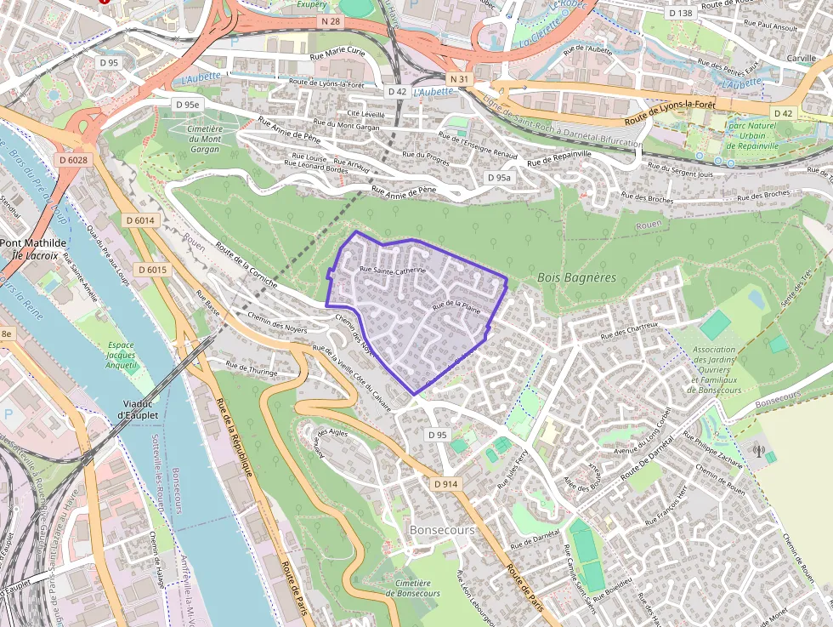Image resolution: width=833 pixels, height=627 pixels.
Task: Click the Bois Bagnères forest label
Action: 576,277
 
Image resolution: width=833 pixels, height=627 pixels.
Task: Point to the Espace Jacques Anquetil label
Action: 121,355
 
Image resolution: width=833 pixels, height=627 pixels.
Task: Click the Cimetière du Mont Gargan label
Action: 204,139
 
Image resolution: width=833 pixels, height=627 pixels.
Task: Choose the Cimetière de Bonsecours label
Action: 417,587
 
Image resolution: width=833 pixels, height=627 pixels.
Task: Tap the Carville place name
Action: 801,58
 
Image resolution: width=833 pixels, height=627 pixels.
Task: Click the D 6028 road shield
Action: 74,159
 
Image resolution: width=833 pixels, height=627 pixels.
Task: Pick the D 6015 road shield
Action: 152,270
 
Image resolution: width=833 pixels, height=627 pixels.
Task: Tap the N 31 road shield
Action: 460,79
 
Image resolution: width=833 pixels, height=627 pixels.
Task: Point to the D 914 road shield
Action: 445,483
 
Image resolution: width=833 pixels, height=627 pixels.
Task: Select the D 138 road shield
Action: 681,13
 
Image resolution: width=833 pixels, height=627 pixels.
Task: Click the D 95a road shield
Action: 499,178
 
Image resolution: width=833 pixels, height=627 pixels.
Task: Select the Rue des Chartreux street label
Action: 630,332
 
